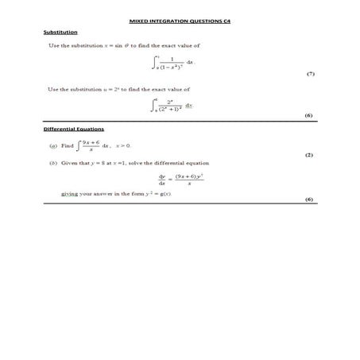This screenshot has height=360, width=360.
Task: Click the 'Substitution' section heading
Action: (60, 32)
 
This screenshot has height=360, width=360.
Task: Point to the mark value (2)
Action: (309, 156)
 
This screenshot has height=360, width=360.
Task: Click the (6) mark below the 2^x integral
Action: (309, 115)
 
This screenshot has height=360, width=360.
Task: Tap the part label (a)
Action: (52, 146)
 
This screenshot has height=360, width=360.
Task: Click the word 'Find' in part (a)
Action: (67, 146)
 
